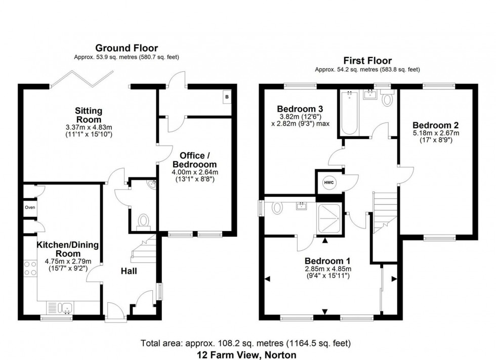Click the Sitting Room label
point(89,115)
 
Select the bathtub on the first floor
point(349,113)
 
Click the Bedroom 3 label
point(300,109)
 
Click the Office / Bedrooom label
point(194,160)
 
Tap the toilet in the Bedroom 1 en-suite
point(277,208)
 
